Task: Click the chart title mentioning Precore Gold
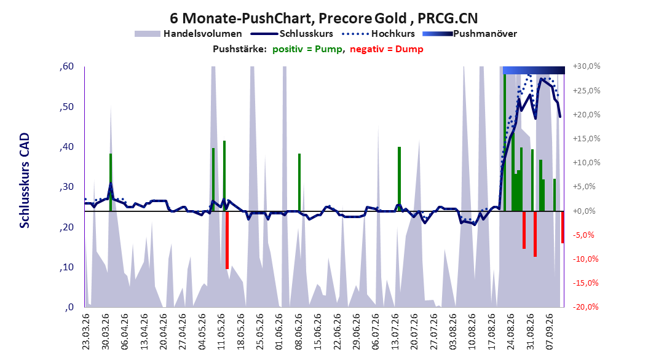click(x=323, y=18)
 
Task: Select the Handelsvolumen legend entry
click(x=188, y=34)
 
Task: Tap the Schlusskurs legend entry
click(x=291, y=34)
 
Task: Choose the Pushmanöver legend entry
click(x=470, y=34)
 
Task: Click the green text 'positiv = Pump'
click(x=307, y=49)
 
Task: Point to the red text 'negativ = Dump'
click(x=387, y=49)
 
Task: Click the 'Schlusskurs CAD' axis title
click(x=25, y=181)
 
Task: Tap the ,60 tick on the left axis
click(x=66, y=66)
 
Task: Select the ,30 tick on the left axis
click(x=66, y=187)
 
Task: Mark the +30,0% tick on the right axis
click(x=587, y=66)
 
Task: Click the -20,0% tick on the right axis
click(x=585, y=307)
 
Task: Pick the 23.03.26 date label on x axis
click(x=86, y=332)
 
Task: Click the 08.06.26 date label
click(x=298, y=332)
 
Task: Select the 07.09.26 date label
click(x=550, y=332)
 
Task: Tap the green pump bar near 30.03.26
click(x=111, y=182)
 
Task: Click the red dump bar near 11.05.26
click(x=227, y=240)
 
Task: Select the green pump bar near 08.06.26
click(x=299, y=182)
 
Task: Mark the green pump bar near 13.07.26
click(x=399, y=179)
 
